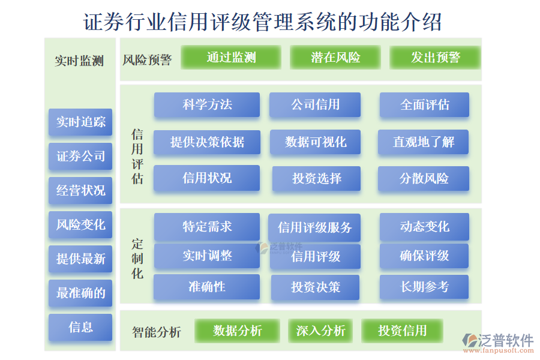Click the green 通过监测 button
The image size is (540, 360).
pyautogui.click(x=231, y=58)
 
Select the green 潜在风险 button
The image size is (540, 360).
pyautogui.click(x=335, y=58)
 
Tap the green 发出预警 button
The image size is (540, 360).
pyautogui.click(x=435, y=58)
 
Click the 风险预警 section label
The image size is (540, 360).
pyautogui.click(x=148, y=60)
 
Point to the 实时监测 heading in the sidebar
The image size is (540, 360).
pyautogui.click(x=79, y=61)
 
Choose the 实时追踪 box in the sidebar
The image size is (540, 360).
pyautogui.click(x=80, y=122)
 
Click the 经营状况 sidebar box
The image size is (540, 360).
pyautogui.click(x=80, y=191)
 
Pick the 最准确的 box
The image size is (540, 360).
pyautogui.click(x=80, y=293)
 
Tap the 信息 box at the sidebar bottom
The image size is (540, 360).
pyautogui.click(x=80, y=327)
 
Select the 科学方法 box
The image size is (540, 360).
pyautogui.click(x=207, y=105)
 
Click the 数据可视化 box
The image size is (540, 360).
pyautogui.click(x=316, y=143)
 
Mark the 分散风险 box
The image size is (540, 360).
pyautogui.click(x=424, y=179)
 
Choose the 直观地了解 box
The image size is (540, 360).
pyautogui.click(x=424, y=143)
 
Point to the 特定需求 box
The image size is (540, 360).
pyautogui.click(x=207, y=227)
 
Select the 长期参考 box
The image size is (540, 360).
pyautogui.click(x=424, y=287)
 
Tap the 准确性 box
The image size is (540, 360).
pyautogui.click(x=207, y=287)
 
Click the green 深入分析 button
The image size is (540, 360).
pyautogui.click(x=320, y=331)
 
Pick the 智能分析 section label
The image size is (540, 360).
pyautogui.click(x=156, y=332)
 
